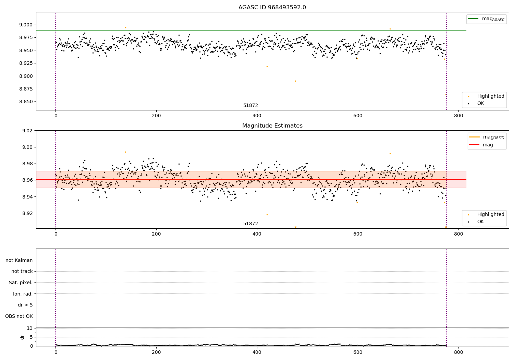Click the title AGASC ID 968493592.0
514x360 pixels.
click(x=272, y=8)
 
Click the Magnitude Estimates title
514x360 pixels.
click(x=272, y=126)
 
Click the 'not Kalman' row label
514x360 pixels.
click(x=19, y=260)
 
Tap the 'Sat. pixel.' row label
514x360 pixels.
click(x=21, y=283)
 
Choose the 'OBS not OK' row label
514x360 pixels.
click(x=19, y=316)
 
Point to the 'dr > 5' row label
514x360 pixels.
click(x=25, y=305)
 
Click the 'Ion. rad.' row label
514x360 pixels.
click(x=23, y=294)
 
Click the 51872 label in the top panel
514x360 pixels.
click(x=250, y=106)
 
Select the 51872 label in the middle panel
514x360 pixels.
click(x=250, y=224)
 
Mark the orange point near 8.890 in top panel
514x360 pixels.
click(x=295, y=81)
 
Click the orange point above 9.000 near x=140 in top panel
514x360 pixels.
click(x=125, y=27)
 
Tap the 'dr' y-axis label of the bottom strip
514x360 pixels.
click(x=22, y=337)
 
